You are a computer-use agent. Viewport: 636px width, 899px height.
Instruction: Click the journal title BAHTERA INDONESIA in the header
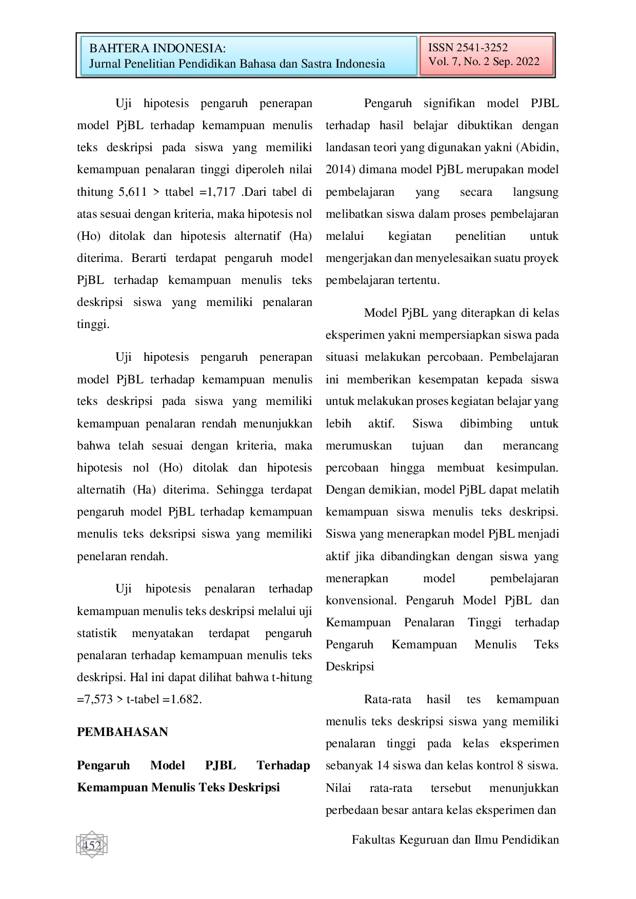[x=156, y=49]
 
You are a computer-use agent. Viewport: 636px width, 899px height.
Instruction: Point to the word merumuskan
[x=359, y=446]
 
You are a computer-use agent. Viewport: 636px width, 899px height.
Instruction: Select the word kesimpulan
[x=527, y=468]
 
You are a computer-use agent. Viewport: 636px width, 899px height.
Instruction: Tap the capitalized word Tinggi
[x=484, y=623]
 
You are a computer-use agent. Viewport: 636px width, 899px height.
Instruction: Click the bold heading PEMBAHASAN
[x=123, y=732]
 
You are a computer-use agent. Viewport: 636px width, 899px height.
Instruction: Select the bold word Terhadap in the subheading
[x=283, y=766]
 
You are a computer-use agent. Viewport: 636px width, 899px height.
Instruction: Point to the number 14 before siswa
[x=383, y=766]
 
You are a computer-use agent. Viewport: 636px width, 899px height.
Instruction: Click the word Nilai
[x=339, y=788]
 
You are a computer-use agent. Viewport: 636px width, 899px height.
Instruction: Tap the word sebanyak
[x=349, y=766]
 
